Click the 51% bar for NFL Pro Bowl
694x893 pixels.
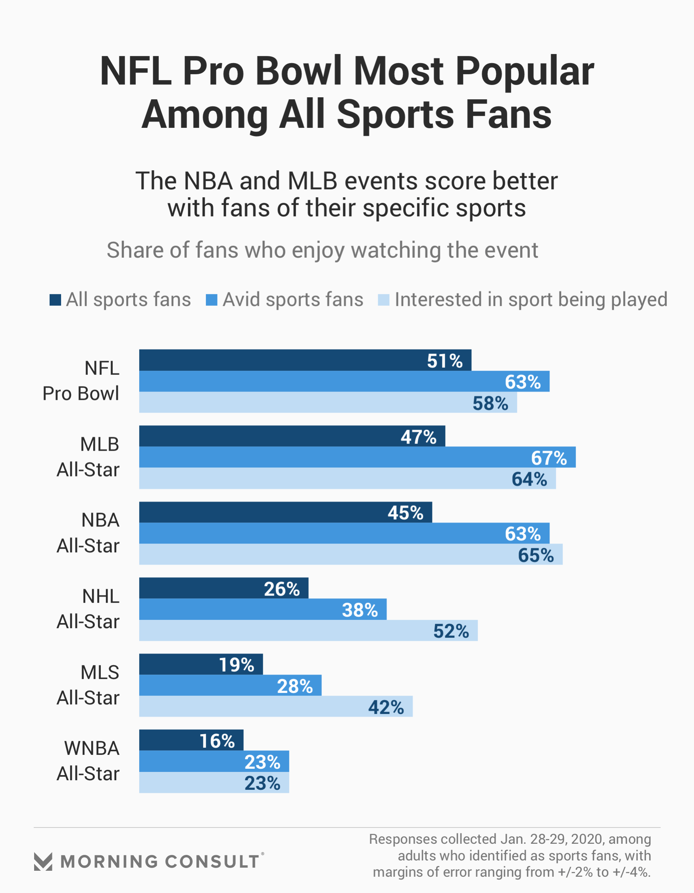[x=305, y=360]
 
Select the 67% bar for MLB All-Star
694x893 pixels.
[x=357, y=457]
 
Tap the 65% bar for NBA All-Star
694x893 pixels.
[x=351, y=554]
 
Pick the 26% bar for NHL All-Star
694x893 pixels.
[x=223, y=588]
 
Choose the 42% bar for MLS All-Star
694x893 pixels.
[x=275, y=706]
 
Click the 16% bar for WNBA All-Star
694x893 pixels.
[x=191, y=740]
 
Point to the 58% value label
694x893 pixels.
[x=490, y=403]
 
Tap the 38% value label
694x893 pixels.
[x=359, y=610]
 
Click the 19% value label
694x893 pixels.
[x=236, y=665]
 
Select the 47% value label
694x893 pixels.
[x=418, y=437]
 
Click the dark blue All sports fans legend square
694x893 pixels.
[x=55, y=300]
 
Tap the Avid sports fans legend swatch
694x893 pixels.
[x=211, y=300]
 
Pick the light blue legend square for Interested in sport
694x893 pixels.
[x=383, y=300]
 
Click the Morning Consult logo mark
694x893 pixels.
[x=43, y=862]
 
